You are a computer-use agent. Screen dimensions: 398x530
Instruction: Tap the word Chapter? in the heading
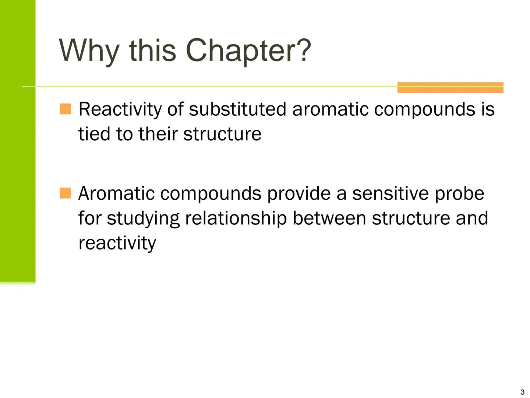pos(248,50)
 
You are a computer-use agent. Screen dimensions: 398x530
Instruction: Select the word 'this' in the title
pos(152,50)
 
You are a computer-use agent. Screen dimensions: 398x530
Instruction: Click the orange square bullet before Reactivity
pos(65,109)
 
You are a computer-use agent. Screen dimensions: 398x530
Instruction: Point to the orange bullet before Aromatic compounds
pos(65,193)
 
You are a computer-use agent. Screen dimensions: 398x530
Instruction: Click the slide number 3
pos(522,392)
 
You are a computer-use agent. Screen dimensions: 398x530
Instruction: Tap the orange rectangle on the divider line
pos(450,87)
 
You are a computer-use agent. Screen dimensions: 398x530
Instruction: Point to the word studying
pos(143,219)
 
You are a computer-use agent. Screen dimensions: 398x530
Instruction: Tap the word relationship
pos(236,219)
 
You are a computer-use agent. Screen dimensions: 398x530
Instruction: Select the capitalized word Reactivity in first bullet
pos(120,109)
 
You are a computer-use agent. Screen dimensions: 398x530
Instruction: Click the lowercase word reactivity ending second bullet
pos(117,243)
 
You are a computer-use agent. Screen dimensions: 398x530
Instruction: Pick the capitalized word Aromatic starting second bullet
pos(116,193)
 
